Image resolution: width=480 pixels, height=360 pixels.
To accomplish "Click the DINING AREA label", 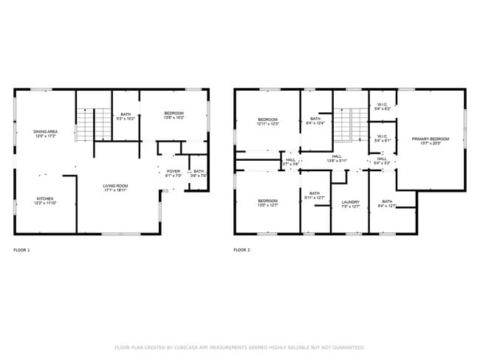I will coord(46,134).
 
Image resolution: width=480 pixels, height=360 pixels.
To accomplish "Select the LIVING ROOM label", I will coord(115,187).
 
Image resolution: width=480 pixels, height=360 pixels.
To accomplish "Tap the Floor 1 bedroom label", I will coord(174,114).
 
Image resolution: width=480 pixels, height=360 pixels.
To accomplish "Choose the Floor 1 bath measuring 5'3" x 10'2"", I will coord(126,116).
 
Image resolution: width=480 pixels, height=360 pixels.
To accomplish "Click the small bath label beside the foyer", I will coord(199,173).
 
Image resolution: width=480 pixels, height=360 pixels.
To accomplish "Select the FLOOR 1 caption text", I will coord(22,251).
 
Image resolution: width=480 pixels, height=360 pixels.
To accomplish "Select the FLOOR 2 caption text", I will coord(241,251).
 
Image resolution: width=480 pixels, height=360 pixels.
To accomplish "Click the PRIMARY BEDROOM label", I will coord(431,140).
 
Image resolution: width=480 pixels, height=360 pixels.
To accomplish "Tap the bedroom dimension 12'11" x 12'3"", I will coord(267,125).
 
